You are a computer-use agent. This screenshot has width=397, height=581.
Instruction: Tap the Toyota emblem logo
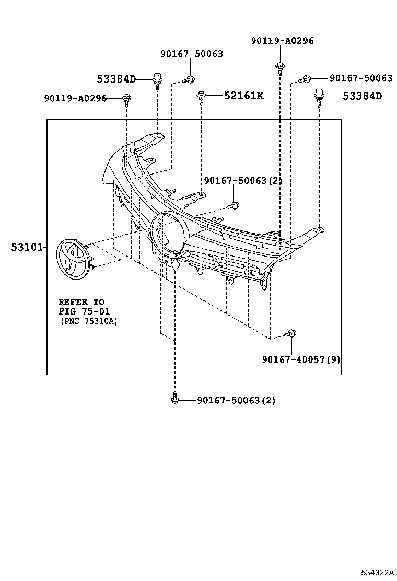coord(73,257)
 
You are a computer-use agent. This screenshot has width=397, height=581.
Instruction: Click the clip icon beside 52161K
coord(201,95)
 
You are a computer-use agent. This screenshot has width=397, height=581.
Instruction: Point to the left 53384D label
coord(116,79)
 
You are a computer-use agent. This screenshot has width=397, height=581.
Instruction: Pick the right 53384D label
coord(362,96)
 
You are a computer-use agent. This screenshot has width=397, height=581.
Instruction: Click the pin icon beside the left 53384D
coord(157,80)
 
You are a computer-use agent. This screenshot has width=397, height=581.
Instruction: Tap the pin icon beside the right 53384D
coord(319,96)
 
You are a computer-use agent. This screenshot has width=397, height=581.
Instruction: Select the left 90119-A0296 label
coord(75,98)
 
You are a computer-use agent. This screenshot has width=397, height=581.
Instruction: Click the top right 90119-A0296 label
coord(282,41)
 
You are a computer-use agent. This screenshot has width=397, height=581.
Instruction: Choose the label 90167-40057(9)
coord(301,359)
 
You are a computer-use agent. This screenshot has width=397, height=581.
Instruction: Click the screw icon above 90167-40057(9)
coord(291,333)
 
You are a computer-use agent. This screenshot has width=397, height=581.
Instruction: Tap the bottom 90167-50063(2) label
coord(236,401)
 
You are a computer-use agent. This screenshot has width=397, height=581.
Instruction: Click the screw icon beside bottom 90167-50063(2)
coord(175,400)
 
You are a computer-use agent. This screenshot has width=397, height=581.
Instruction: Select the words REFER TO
coord(81,302)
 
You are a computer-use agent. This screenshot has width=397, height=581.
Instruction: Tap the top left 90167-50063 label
coord(192,53)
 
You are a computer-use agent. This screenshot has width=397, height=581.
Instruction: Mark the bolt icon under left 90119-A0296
coord(127,98)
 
